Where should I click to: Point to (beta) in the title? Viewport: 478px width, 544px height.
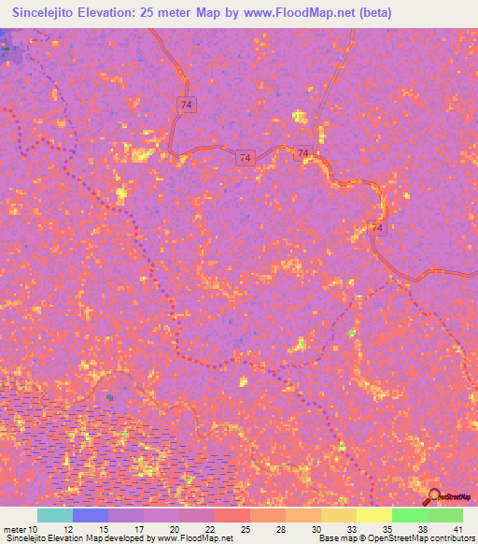tap(373, 12)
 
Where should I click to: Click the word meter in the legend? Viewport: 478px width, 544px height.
tap(15, 529)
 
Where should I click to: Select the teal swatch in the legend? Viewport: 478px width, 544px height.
tap(55, 515)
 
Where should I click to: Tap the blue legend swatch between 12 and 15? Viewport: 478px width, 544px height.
tap(91, 515)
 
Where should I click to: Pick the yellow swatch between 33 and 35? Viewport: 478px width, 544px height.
tap(374, 515)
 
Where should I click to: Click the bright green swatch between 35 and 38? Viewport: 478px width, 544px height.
tap(410, 515)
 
